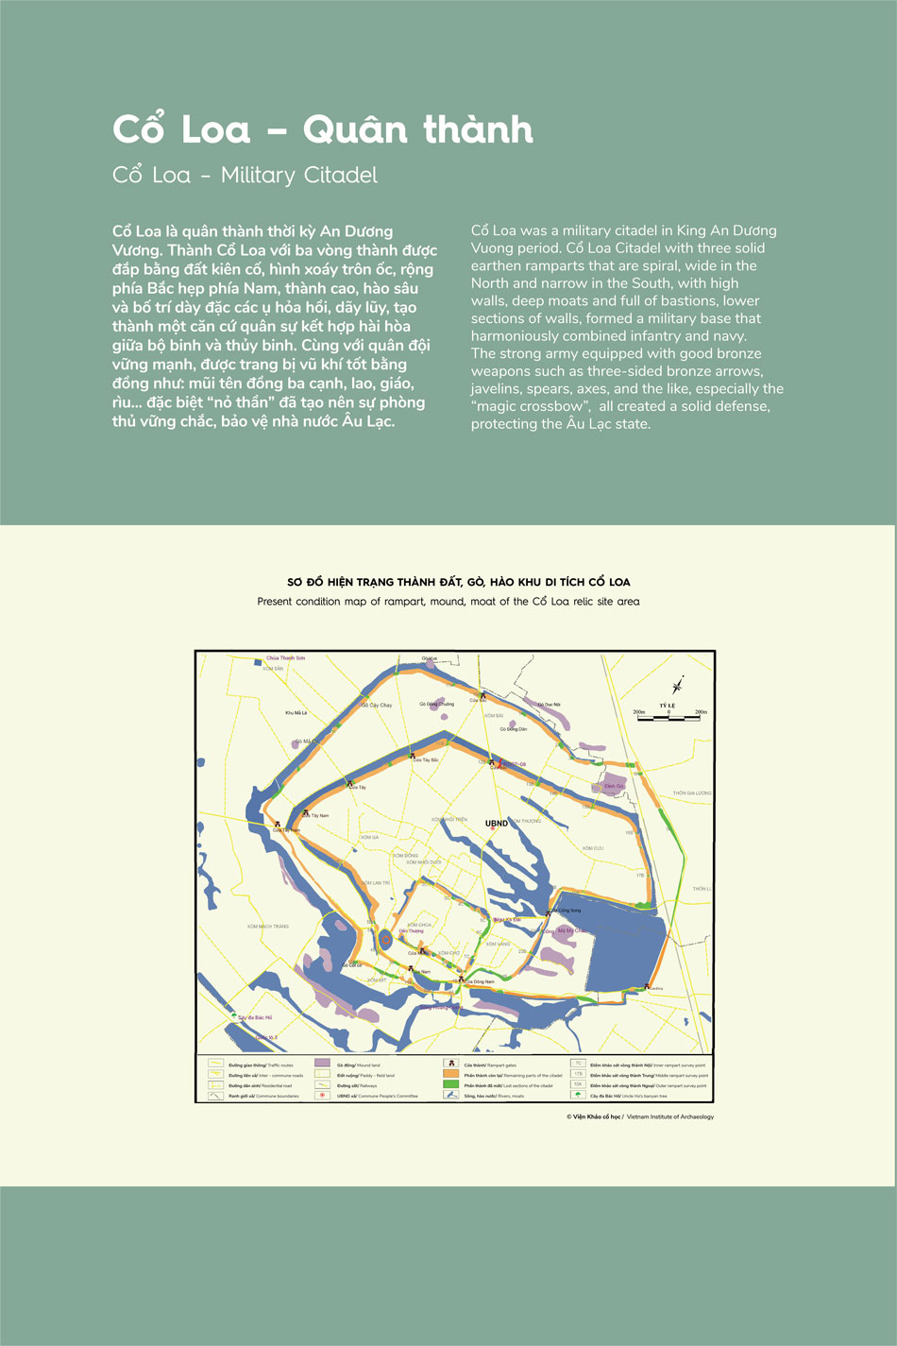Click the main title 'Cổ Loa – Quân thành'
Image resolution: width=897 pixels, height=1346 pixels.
pos(323,129)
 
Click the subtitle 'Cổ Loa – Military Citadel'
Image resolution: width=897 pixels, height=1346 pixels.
pos(245,175)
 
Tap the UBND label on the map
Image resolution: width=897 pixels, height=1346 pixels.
pos(497,824)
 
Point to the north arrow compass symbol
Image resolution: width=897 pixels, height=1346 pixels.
pos(677,687)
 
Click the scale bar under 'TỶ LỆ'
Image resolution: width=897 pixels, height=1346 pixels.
pos(669,718)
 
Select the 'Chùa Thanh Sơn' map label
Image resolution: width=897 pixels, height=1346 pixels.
pos(285,657)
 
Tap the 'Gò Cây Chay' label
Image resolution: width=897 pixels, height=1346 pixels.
pos(377,705)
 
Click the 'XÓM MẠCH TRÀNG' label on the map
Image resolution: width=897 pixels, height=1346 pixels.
pos(268,927)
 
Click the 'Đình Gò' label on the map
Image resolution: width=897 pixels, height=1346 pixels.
pos(614,786)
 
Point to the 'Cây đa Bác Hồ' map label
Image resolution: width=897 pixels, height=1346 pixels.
pos(255,1017)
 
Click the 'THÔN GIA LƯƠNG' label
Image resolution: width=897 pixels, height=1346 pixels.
pos(691,793)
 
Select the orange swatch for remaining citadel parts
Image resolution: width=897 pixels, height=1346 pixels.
pos(450,1075)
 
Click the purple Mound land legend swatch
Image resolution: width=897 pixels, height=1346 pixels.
pos(322,1065)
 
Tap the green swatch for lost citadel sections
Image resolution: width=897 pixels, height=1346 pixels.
pos(450,1085)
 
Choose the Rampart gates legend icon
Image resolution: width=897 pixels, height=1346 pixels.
pos(450,1065)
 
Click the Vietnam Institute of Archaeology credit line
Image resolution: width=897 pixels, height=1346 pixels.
pos(640,1116)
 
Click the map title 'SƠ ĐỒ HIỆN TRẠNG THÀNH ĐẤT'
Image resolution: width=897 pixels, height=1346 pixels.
pos(458,582)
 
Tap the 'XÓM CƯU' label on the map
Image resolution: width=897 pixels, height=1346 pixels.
pos(592,848)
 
